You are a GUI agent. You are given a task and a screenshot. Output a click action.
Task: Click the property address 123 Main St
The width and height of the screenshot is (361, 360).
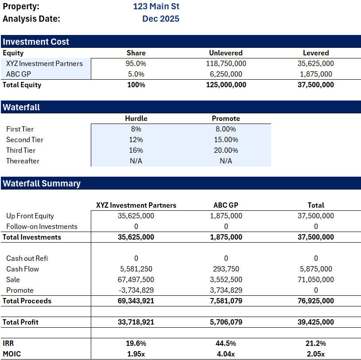(156, 7)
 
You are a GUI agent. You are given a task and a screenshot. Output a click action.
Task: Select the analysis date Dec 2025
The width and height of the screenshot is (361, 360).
(160, 19)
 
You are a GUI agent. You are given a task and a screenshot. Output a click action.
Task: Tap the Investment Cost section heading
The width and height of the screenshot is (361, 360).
(36, 42)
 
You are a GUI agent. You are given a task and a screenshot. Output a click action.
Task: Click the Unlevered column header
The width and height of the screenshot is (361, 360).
(226, 53)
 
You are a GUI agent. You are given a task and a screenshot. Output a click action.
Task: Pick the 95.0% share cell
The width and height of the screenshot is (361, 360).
(136, 63)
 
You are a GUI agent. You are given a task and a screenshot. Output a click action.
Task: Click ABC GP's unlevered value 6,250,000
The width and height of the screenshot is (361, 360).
(226, 74)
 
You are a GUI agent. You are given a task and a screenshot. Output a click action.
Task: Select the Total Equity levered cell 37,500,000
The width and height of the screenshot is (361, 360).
(316, 85)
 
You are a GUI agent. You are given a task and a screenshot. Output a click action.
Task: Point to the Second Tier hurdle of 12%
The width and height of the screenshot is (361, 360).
(136, 139)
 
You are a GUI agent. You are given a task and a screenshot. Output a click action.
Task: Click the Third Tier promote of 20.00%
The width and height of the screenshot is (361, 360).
(226, 150)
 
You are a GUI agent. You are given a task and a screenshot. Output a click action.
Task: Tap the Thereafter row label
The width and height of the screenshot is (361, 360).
(23, 161)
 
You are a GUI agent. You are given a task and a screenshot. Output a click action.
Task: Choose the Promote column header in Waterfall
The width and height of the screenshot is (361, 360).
(226, 118)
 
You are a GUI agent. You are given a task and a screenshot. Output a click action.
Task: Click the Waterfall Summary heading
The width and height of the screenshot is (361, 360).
(42, 183)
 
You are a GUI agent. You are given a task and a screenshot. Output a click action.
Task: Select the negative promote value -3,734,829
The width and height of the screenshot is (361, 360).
(136, 290)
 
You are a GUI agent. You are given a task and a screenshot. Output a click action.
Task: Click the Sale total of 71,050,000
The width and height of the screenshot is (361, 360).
(316, 279)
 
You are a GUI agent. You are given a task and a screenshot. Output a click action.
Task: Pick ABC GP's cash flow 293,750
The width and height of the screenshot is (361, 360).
(226, 269)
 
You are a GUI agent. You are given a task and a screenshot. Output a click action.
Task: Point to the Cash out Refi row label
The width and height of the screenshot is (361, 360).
(27, 258)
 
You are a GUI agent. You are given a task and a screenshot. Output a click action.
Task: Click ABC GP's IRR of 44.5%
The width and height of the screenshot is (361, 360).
(226, 343)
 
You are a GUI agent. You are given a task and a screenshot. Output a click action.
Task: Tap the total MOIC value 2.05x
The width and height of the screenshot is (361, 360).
(316, 354)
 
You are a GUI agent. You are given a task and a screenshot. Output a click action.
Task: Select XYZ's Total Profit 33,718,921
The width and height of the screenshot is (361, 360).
(136, 322)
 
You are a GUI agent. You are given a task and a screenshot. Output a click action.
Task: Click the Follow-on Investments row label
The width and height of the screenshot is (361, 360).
(42, 226)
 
